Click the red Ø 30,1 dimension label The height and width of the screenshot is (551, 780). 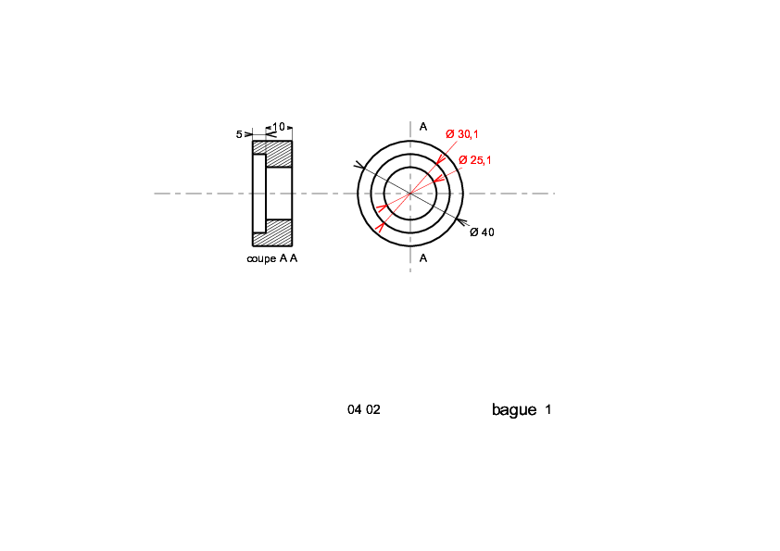point(461,134)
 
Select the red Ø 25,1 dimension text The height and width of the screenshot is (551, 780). point(474,160)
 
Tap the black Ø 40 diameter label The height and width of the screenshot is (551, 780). point(482,232)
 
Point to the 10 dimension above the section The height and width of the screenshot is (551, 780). point(279,127)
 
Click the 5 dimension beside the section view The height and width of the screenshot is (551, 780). point(239,134)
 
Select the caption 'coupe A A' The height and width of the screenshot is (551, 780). point(272,258)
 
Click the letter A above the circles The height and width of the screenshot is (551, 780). point(422,127)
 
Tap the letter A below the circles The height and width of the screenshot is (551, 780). point(422,258)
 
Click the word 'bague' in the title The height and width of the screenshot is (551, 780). point(514,409)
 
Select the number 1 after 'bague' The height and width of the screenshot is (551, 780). point(547,409)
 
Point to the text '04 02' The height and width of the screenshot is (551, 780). point(364,409)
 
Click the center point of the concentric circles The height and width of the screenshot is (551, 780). point(410,194)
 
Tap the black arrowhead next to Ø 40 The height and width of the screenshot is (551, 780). point(461,222)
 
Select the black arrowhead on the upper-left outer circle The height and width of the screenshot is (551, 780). point(359,165)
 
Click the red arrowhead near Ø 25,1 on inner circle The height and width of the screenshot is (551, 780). point(438,179)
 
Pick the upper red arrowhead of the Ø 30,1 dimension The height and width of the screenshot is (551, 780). point(441,158)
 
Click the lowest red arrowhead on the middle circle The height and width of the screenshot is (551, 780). point(381,228)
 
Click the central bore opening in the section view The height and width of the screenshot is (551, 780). point(279,194)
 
